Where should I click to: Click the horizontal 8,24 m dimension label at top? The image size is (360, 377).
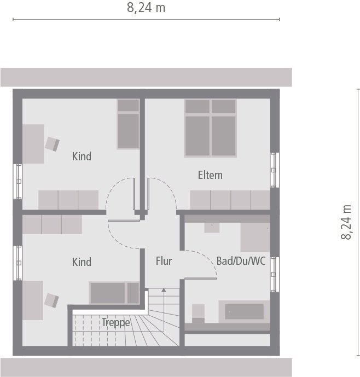pyautogui.click(x=146, y=8)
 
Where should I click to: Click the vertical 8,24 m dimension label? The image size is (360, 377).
pyautogui.click(x=346, y=222)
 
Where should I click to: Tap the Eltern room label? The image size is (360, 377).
pyautogui.click(x=210, y=175)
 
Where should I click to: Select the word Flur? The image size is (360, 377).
pyautogui.click(x=164, y=261)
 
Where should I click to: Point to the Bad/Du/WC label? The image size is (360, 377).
pyautogui.click(x=241, y=261)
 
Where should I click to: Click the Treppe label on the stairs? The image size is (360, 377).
pyautogui.click(x=116, y=322)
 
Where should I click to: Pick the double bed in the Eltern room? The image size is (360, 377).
pyautogui.click(x=210, y=128)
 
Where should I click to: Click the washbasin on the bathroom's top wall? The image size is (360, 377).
pyautogui.click(x=212, y=227)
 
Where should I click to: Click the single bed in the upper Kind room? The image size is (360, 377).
pyautogui.click(x=129, y=124)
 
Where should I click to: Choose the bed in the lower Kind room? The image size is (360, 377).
pyautogui.click(x=114, y=293)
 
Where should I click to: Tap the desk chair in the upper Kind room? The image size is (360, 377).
pyautogui.click(x=52, y=143)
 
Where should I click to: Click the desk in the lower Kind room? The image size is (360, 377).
pyautogui.click(x=33, y=300)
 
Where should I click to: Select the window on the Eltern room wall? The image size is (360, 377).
pyautogui.click(x=275, y=170)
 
